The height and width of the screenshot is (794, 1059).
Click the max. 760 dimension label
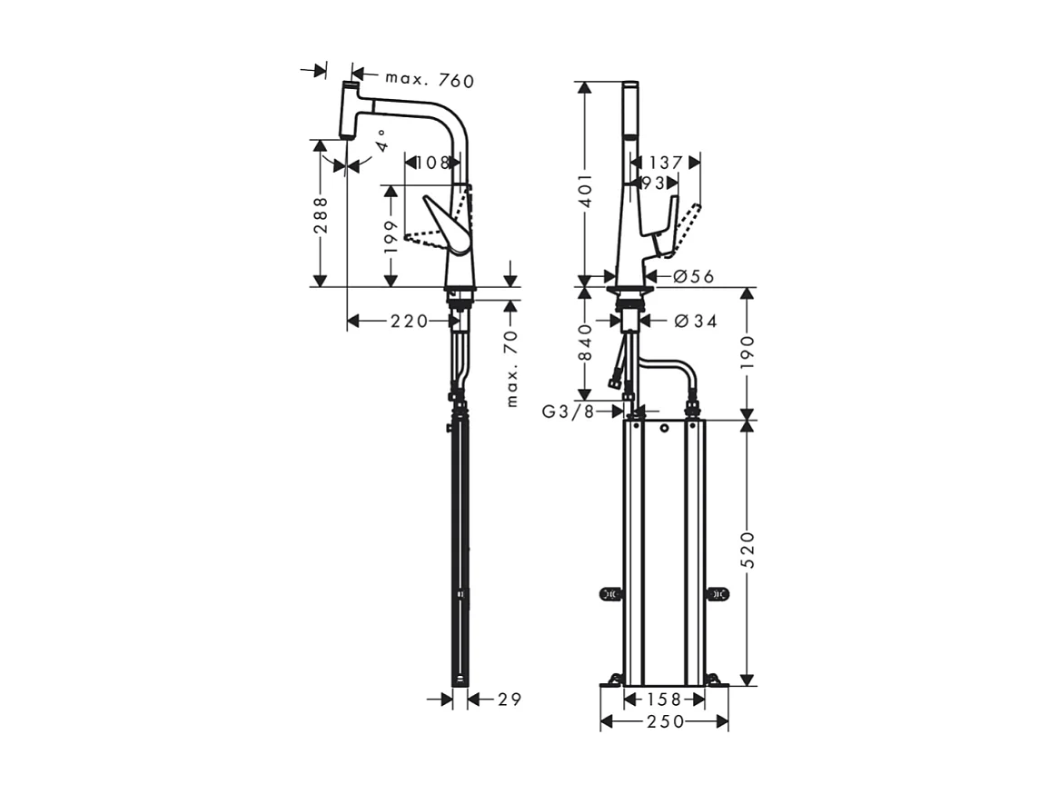pyautogui.click(x=429, y=80)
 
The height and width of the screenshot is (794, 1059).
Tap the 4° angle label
pyautogui.click(x=381, y=141)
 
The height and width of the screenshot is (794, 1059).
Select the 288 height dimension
pyautogui.click(x=321, y=216)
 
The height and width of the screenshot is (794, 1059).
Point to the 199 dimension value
pyautogui.click(x=391, y=237)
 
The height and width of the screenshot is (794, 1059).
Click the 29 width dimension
pyautogui.click(x=510, y=699)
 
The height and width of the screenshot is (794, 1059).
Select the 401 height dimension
pyautogui.click(x=586, y=192)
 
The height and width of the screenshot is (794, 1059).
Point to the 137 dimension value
pyautogui.click(x=667, y=163)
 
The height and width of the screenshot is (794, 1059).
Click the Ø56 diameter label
pyautogui.click(x=694, y=277)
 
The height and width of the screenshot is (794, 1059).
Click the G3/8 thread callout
pyautogui.click(x=569, y=412)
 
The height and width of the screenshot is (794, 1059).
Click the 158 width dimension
pyautogui.click(x=664, y=700)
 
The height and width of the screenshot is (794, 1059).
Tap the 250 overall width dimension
pyautogui.click(x=664, y=721)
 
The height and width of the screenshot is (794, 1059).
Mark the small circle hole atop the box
pyautogui.click(x=666, y=427)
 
